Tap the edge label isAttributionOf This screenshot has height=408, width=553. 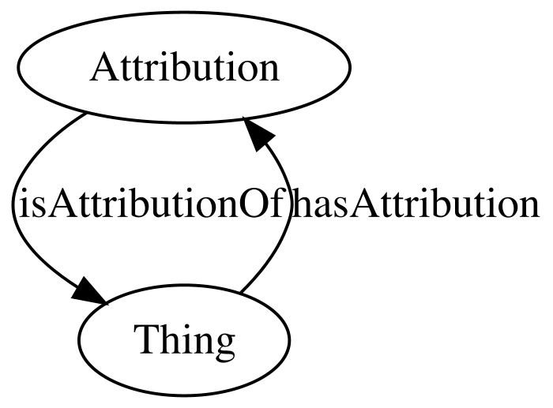(x=152, y=204)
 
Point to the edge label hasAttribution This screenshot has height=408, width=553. (x=416, y=204)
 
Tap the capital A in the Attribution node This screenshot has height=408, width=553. (x=105, y=67)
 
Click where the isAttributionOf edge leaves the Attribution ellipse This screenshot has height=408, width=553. (x=85, y=114)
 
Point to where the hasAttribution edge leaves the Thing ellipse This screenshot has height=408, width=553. (x=240, y=293)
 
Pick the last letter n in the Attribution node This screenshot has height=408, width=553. (x=268, y=72)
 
